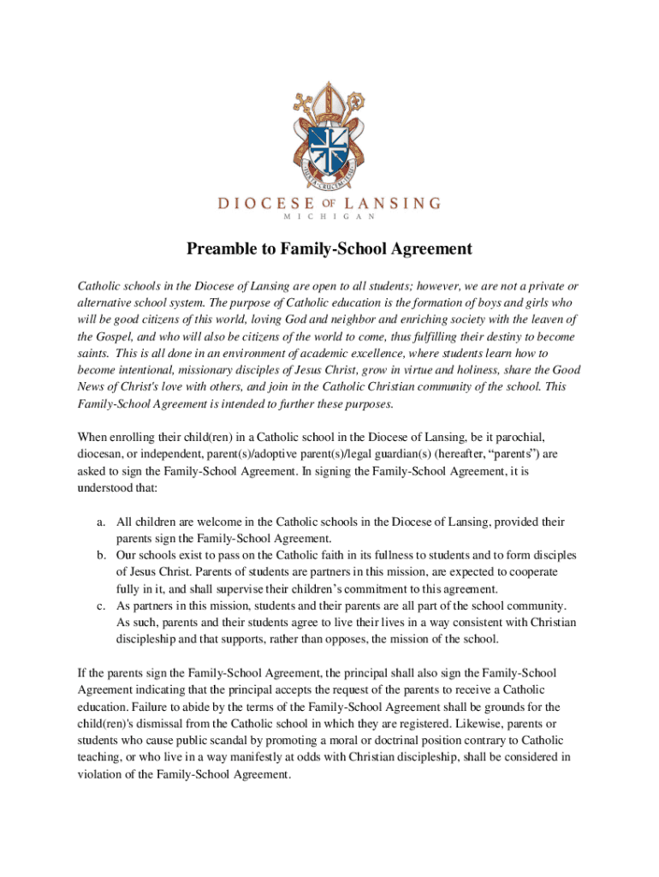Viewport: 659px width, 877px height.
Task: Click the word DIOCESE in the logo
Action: [x=266, y=204]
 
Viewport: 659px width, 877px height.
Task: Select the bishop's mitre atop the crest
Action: [x=329, y=99]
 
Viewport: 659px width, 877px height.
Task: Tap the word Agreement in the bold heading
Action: [x=430, y=249]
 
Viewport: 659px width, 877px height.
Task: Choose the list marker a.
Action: [x=100, y=522]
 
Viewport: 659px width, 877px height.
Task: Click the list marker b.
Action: [x=100, y=555]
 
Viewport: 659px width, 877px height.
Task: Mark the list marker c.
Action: [x=100, y=606]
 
